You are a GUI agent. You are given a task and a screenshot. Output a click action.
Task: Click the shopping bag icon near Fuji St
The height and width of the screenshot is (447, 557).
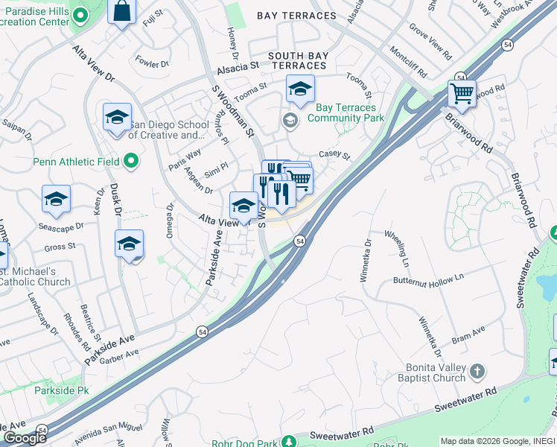pyautogui.click(x=121, y=11)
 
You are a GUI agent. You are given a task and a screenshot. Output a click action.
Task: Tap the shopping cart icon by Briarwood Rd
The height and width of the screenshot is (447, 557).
pyautogui.click(x=462, y=95)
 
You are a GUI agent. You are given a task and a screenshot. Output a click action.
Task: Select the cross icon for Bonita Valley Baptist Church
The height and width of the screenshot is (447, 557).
pyautogui.click(x=477, y=370)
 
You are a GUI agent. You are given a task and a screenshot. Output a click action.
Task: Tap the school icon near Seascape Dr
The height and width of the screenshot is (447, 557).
pyautogui.click(x=56, y=199)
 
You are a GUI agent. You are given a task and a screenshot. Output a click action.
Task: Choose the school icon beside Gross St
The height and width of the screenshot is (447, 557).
pyautogui.click(x=129, y=244)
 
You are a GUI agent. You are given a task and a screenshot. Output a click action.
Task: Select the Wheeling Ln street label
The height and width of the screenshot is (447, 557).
pyautogui.click(x=396, y=249)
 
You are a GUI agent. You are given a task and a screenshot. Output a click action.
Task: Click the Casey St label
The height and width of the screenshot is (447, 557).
pyautogui.click(x=334, y=155)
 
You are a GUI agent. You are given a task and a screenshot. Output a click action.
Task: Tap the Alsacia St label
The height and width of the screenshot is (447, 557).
pyautogui.click(x=238, y=66)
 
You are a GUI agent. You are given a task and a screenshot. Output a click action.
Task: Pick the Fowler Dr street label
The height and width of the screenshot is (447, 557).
pyautogui.click(x=153, y=64)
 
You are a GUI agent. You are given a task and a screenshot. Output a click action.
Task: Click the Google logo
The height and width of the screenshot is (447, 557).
pyautogui.click(x=24, y=438)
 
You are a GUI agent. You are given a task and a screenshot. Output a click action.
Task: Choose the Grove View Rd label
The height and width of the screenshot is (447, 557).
pyautogui.click(x=431, y=40)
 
